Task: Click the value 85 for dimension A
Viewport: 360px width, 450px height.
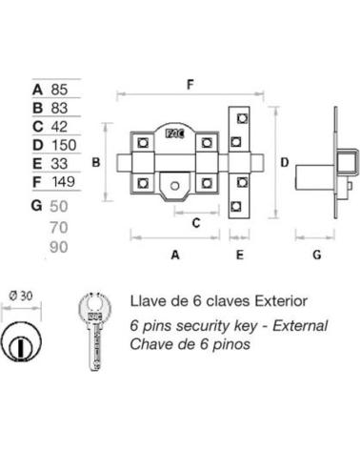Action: click(59, 90)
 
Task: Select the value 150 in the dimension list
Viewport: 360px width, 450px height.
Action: click(64, 145)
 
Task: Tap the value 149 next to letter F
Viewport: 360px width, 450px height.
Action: click(64, 182)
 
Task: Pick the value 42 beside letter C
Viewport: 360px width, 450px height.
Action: click(59, 127)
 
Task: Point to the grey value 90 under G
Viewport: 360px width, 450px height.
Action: click(59, 247)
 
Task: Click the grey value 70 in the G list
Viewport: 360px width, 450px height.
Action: click(59, 228)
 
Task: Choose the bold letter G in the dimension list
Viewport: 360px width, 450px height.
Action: click(37, 206)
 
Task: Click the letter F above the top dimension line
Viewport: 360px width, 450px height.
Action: click(190, 85)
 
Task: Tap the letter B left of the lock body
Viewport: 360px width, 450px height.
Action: click(96, 162)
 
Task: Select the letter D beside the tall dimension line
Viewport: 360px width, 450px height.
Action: click(285, 162)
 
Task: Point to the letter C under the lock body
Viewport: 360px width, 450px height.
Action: click(196, 223)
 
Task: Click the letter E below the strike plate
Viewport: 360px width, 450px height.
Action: click(240, 255)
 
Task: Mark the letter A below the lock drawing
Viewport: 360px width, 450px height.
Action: click(175, 255)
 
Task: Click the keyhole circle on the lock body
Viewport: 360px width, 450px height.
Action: click(174, 186)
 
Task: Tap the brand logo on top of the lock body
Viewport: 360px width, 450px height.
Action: click(175, 134)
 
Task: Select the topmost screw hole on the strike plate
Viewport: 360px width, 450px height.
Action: click(242, 118)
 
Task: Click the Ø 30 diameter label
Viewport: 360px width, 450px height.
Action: click(21, 297)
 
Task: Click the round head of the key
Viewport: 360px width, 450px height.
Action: click(94, 307)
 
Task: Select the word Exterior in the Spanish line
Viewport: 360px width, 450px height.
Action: click(281, 300)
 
